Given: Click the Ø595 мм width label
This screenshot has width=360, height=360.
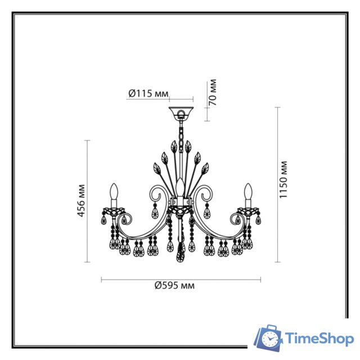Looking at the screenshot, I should pos(175,285).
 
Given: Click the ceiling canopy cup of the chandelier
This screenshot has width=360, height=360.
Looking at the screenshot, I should pos(181,112).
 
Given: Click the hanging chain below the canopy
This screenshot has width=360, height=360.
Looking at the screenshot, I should pos(181,135).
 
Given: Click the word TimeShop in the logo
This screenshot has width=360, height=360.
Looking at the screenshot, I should pos(319,339).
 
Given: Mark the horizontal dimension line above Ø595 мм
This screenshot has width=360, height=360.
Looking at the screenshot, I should pos(181,279).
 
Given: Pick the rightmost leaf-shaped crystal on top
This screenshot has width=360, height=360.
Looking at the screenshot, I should pos(206,168).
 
